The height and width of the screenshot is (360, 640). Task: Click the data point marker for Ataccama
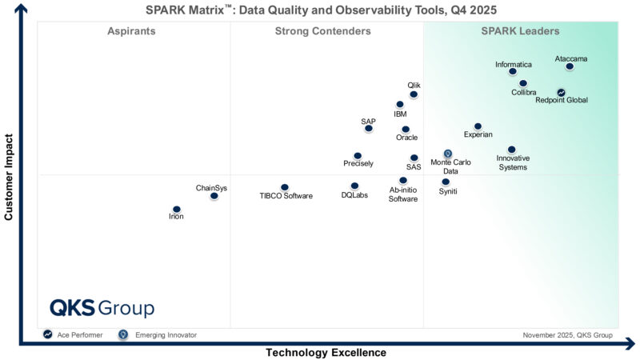(570, 67)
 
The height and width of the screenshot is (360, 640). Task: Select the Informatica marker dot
(513, 72)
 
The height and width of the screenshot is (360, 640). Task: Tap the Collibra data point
(523, 83)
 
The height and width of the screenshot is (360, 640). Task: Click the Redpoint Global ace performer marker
(562, 93)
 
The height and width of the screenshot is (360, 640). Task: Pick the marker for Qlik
(414, 94)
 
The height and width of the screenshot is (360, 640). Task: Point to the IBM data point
(400, 105)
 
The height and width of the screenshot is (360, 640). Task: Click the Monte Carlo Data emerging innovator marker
(448, 154)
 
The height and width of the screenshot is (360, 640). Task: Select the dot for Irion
(176, 210)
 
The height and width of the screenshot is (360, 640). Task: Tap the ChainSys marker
(214, 196)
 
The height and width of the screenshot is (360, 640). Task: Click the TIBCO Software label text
(286, 196)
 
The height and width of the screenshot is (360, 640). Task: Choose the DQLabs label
(354, 195)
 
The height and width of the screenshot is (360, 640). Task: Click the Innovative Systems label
(512, 162)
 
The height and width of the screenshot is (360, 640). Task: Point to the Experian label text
(478, 135)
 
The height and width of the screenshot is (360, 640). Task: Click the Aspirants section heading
(131, 31)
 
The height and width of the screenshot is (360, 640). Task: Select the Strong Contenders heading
(322, 31)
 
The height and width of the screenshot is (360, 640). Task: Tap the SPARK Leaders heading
(520, 31)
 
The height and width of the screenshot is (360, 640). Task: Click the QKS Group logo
(102, 308)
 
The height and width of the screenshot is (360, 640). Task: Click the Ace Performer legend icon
(48, 334)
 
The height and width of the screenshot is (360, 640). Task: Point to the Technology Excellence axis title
(326, 352)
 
